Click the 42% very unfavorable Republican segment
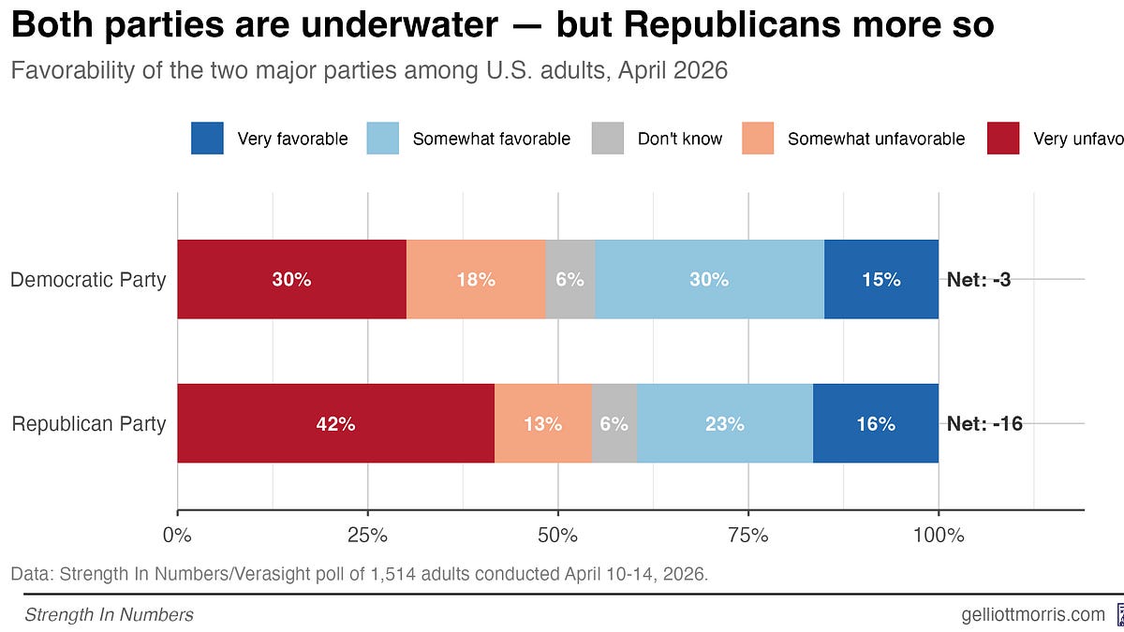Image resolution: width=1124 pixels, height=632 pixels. tap(335, 423)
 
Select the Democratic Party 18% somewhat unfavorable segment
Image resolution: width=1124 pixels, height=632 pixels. tap(476, 279)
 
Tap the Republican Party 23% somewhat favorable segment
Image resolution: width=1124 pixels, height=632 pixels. tap(724, 423)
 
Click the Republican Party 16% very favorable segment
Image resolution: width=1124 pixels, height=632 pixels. tap(876, 423)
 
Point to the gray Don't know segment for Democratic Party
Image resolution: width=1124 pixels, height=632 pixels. tap(569, 279)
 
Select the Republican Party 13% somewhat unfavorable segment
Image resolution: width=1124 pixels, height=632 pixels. tap(543, 423)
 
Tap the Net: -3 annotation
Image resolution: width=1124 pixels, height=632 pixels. tap(978, 279)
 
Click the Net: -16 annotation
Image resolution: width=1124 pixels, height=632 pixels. tap(984, 423)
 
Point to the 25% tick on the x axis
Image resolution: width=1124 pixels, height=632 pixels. tap(367, 536)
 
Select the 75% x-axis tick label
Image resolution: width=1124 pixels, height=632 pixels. tap(747, 536)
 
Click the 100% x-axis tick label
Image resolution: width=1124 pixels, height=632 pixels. tap(938, 536)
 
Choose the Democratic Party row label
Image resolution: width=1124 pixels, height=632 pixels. tap(88, 279)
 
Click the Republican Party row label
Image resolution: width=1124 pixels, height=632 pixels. tap(89, 423)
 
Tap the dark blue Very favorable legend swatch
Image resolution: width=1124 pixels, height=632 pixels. tap(207, 139)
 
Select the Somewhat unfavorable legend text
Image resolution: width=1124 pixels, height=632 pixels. tap(876, 139)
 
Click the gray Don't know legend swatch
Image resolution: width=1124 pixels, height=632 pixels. tap(608, 139)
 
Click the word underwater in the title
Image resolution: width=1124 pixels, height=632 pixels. tap(417, 26)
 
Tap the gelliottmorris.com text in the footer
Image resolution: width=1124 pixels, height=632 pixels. tap(1033, 614)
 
